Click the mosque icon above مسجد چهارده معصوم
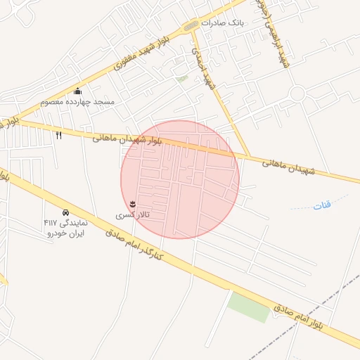click(x=77, y=91)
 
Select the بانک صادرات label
click(x=222, y=22)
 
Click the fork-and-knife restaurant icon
click(x=59, y=135)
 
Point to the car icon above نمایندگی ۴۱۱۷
click(x=65, y=212)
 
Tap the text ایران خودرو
click(x=64, y=232)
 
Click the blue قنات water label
click(x=321, y=205)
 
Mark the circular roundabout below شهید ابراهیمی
click(x=297, y=93)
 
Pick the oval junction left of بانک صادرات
click(x=191, y=27)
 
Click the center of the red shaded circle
click(x=180, y=179)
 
